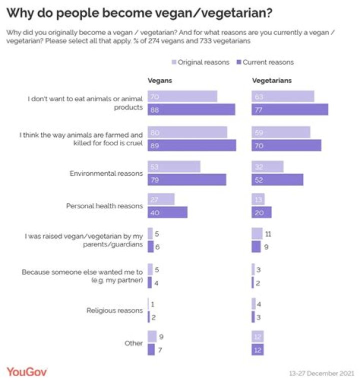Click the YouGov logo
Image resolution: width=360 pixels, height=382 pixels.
coord(27,371)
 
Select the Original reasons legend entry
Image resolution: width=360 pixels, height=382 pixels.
coord(200,62)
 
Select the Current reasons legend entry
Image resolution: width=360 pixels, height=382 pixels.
coord(265,62)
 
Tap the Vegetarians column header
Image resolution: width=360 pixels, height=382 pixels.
coord(271,80)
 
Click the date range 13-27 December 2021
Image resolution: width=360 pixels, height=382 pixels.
coord(321,373)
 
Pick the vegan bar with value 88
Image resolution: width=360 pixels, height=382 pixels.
coord(191,110)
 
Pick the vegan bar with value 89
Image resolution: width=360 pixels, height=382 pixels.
coord(191,145)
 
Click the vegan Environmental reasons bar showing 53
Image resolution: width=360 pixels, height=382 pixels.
coord(173,167)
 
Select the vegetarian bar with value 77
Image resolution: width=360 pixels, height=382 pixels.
coord(289,110)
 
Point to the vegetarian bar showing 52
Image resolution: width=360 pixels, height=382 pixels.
coord(277,180)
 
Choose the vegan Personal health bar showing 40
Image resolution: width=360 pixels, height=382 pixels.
coord(167,212)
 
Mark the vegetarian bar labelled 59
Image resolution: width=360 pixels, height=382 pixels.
coord(280,132)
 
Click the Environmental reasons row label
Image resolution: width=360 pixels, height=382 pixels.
coord(106,173)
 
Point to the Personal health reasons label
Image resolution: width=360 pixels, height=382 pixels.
coord(104,206)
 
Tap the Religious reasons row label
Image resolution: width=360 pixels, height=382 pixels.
coord(114,310)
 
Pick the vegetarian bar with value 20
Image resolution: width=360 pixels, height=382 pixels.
coord(261,212)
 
